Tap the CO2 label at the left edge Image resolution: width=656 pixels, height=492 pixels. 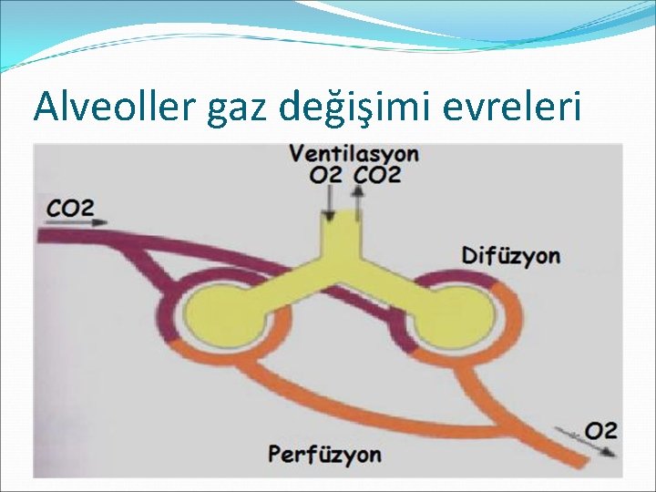[x=70, y=208]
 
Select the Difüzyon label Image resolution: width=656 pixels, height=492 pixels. [x=511, y=255]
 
